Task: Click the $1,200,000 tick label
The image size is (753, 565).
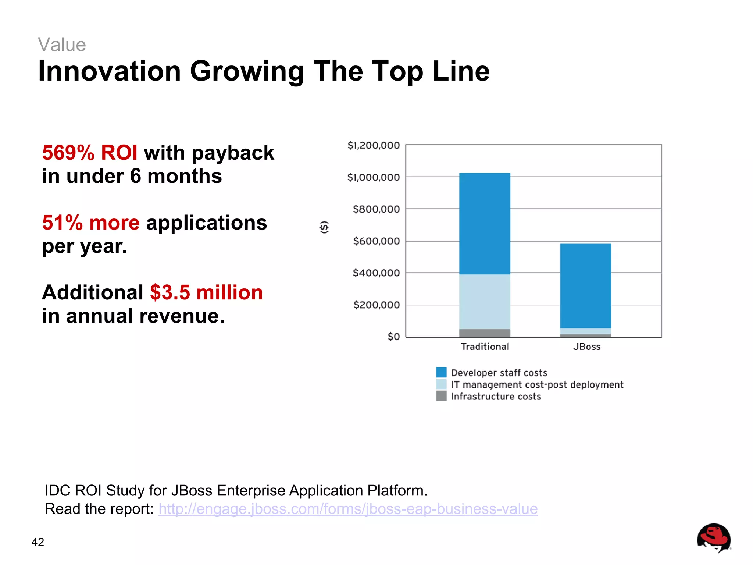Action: click(373, 146)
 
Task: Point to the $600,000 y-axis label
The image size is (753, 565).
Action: click(376, 241)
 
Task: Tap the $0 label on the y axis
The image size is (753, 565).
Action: click(393, 337)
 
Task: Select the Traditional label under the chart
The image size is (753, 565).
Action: click(485, 347)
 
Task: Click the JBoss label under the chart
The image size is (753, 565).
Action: click(587, 347)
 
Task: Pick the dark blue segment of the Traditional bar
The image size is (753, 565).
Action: click(485, 224)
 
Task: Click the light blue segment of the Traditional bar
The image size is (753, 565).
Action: click(485, 302)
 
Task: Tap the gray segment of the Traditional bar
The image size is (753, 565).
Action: click(485, 333)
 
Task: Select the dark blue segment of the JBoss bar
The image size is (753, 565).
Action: click(585, 285)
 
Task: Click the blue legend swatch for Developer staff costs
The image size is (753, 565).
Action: click(441, 372)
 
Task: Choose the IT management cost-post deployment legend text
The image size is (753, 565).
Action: click(537, 385)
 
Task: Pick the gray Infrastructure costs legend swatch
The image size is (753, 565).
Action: click(441, 396)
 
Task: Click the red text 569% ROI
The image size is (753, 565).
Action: click(90, 153)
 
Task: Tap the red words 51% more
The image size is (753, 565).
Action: click(91, 223)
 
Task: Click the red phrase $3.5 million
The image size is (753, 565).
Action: click(206, 292)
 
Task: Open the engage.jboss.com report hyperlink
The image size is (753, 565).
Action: click(348, 509)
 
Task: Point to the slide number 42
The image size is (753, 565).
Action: click(38, 542)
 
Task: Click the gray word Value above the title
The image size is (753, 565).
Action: click(62, 45)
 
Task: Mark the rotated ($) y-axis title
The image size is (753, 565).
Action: click(324, 227)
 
